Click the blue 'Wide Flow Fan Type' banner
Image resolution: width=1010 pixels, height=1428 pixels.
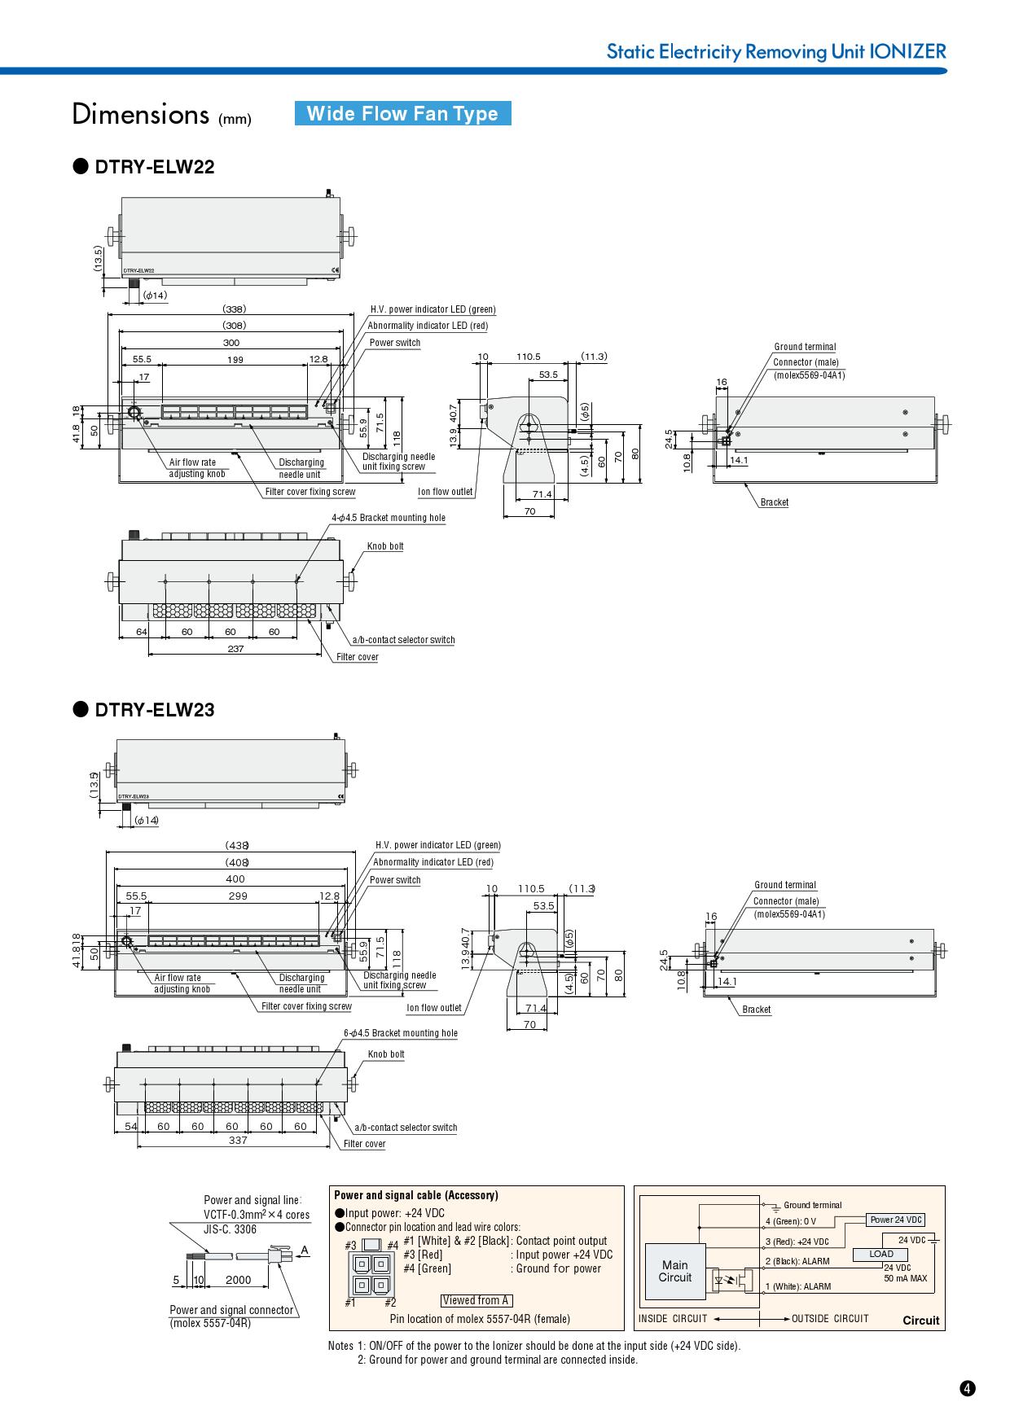pyautogui.click(x=402, y=113)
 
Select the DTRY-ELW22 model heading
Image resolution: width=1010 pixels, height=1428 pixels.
pyautogui.click(x=154, y=167)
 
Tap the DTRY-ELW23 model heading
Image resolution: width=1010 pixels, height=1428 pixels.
pyautogui.click(x=154, y=710)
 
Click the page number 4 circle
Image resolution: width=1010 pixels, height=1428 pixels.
pyautogui.click(x=967, y=1389)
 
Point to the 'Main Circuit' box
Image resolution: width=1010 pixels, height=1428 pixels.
pyautogui.click(x=674, y=1271)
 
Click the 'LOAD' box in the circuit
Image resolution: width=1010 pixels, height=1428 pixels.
pyautogui.click(x=880, y=1254)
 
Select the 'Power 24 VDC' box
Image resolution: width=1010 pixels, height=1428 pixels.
pyautogui.click(x=896, y=1220)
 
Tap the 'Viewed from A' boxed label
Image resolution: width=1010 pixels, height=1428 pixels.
pyautogui.click(x=476, y=1300)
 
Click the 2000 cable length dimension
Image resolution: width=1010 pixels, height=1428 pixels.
pyautogui.click(x=238, y=1280)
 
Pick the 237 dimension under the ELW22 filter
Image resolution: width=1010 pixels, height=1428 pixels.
pyautogui.click(x=235, y=649)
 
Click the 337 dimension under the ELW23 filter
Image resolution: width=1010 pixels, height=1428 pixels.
pyautogui.click(x=237, y=1141)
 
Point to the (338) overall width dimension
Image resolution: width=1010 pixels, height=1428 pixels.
pyautogui.click(x=234, y=309)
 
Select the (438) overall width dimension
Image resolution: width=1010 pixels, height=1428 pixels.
pyautogui.click(x=236, y=845)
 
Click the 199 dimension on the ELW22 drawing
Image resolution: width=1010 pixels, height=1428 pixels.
pyautogui.click(x=235, y=359)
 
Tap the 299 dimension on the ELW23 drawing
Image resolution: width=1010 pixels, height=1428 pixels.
pyautogui.click(x=237, y=896)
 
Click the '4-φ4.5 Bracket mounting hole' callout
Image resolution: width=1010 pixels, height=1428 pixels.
pyautogui.click(x=389, y=518)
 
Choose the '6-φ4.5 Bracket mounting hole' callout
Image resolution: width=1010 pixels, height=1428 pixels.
pyautogui.click(x=401, y=1033)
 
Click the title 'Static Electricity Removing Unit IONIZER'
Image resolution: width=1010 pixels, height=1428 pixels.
pyautogui.click(x=775, y=51)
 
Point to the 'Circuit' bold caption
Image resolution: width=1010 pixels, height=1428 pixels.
pyautogui.click(x=920, y=1321)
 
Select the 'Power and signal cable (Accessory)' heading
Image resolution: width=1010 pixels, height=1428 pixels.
pyautogui.click(x=415, y=1195)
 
